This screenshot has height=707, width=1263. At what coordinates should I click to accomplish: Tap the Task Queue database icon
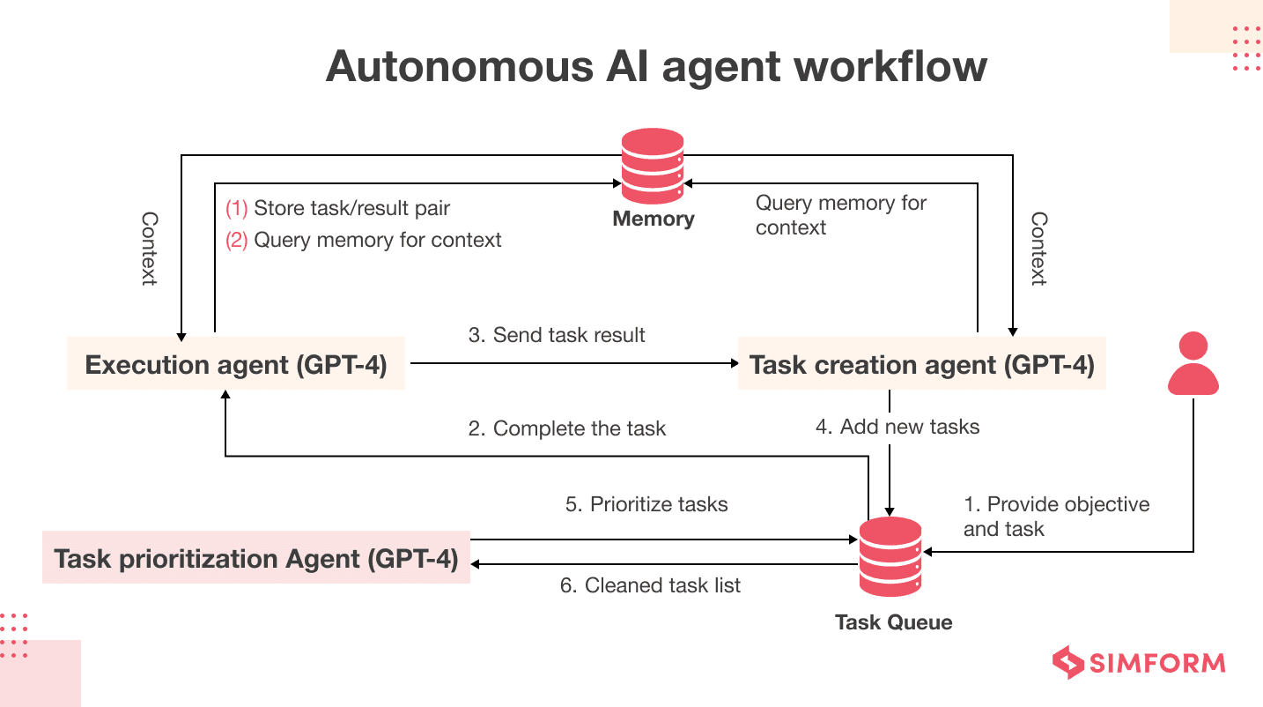click(890, 558)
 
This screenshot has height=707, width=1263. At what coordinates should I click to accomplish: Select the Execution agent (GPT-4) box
click(236, 363)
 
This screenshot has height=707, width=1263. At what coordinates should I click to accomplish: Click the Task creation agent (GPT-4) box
click(921, 363)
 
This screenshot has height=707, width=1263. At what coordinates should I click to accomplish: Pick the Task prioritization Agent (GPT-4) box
click(256, 558)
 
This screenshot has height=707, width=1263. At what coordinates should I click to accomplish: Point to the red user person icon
click(1193, 363)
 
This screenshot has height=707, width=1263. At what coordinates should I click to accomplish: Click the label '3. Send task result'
click(557, 335)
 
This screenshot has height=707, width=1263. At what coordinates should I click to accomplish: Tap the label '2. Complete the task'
click(567, 428)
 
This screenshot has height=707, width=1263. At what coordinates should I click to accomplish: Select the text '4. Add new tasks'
click(897, 427)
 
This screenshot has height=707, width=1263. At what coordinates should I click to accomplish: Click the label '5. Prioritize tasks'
click(646, 504)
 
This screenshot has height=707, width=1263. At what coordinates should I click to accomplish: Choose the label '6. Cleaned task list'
click(651, 584)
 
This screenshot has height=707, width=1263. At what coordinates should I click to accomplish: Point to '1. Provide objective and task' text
click(1056, 517)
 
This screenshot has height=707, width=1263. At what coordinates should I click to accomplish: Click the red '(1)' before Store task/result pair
click(237, 209)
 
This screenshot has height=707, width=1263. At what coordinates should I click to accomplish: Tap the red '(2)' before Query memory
click(237, 240)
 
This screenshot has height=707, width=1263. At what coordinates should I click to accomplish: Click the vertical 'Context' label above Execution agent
click(150, 249)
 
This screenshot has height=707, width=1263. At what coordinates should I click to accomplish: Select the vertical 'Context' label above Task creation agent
click(1039, 249)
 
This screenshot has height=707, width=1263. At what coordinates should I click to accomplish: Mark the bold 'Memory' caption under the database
click(654, 219)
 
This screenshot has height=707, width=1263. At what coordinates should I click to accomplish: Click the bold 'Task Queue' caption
click(893, 622)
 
